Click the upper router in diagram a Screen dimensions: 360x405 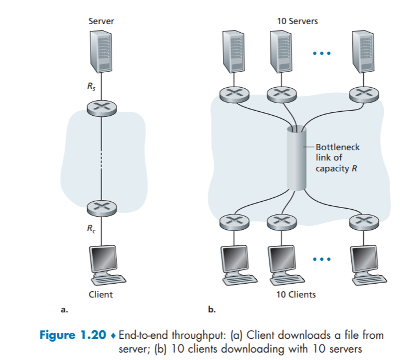[101, 106]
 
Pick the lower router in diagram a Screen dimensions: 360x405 [101, 205]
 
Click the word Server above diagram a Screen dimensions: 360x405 [101, 21]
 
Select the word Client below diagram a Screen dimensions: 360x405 [101, 295]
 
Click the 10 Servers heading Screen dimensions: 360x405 [297, 21]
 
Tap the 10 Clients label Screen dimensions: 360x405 [296, 295]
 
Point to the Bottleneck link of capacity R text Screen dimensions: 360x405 [338, 158]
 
